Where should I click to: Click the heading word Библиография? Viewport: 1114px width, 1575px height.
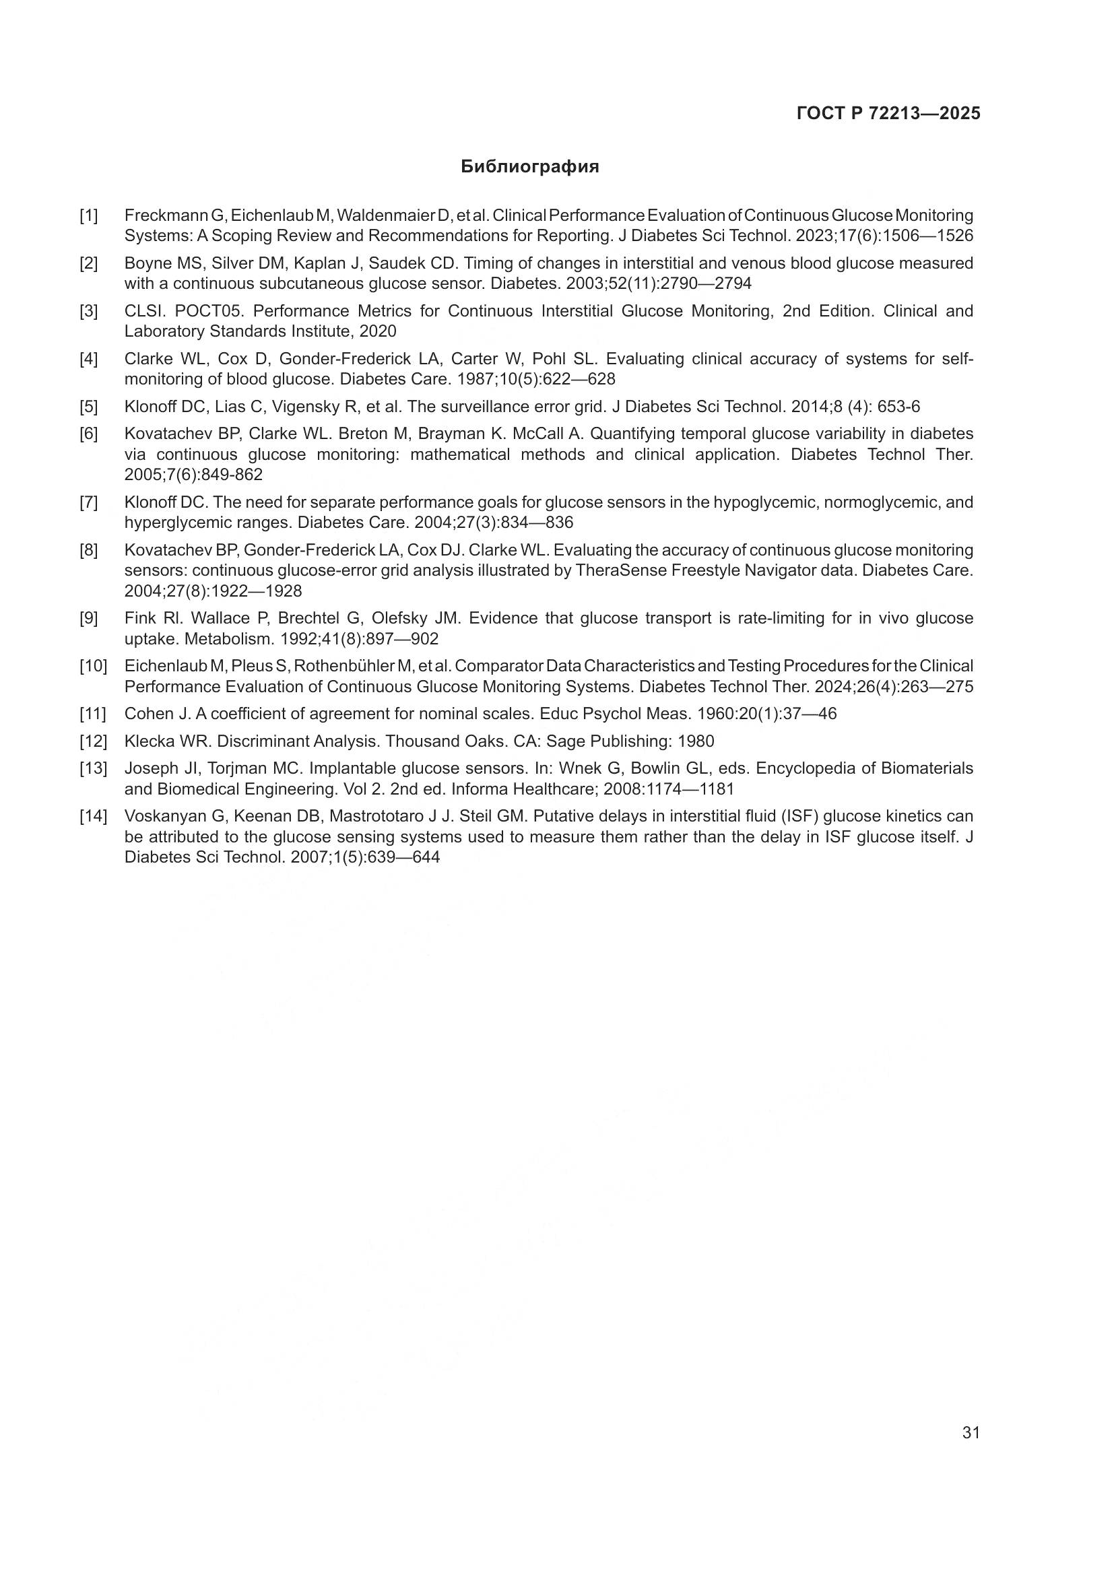pos(529,167)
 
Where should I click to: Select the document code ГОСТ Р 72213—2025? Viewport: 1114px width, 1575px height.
pos(888,114)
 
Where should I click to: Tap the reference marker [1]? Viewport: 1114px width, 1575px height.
pos(88,216)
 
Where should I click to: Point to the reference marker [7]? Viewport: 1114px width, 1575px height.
pos(88,503)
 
